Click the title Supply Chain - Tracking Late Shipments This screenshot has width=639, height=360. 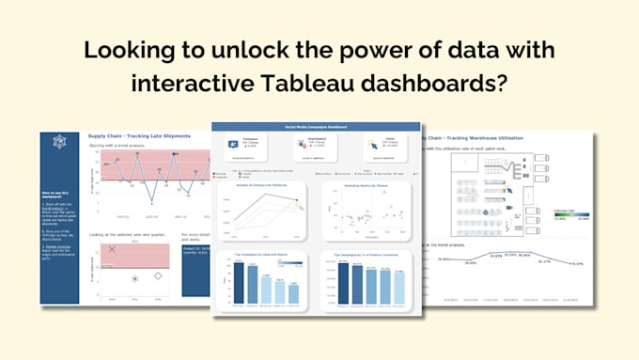[x=145, y=136]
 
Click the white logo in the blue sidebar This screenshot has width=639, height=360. [x=60, y=142]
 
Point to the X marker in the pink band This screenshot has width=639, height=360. [x=112, y=249]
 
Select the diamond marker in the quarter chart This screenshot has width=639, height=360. [x=158, y=275]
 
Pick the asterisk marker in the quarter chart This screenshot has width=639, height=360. [x=135, y=279]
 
